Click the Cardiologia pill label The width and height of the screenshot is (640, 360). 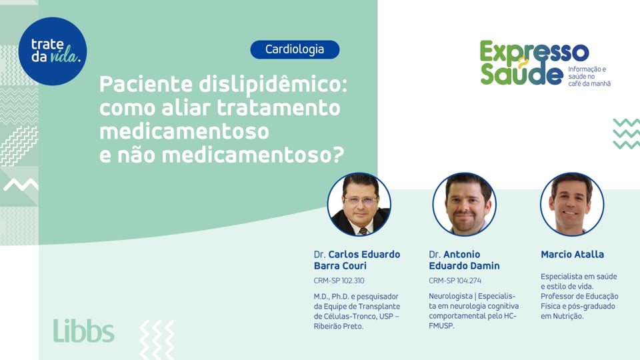[295, 49]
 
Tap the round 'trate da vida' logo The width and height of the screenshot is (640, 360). [53, 51]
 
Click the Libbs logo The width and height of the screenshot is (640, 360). [83, 331]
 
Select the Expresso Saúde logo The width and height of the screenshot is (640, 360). [534, 63]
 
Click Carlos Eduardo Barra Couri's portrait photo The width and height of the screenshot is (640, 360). [359, 205]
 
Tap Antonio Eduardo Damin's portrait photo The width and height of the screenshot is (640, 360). [464, 205]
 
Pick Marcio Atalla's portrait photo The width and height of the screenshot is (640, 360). [571, 205]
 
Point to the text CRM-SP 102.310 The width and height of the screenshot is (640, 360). [339, 281]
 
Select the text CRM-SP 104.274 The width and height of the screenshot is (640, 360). [455, 281]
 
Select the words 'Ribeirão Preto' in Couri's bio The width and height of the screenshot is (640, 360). [339, 326]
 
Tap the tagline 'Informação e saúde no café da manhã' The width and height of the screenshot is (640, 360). [589, 76]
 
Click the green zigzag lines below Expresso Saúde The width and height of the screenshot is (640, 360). [626, 133]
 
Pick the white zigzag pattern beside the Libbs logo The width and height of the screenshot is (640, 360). [157, 339]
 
